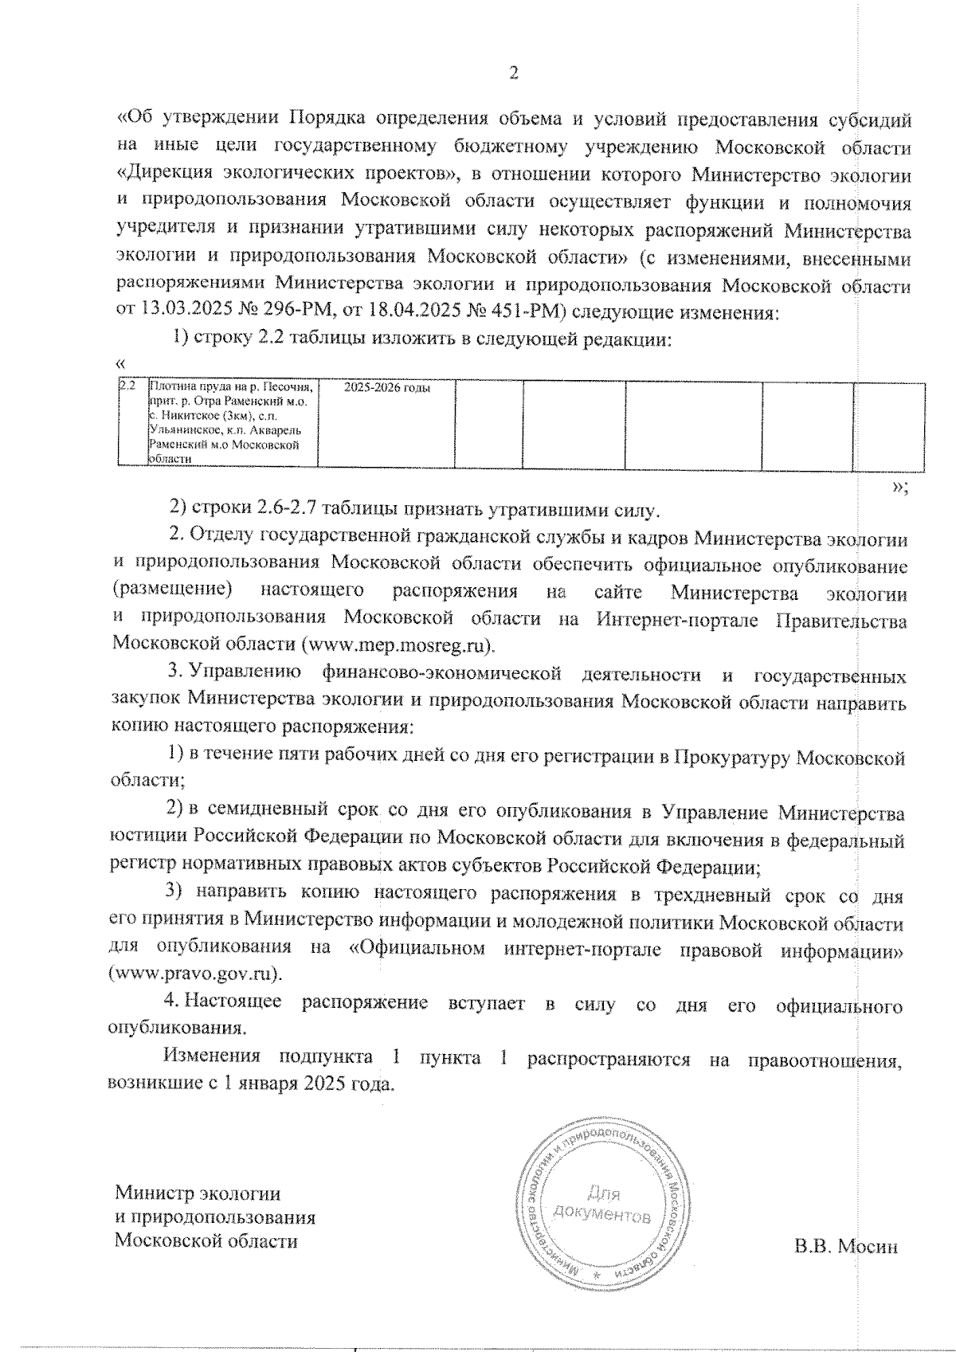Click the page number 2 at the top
pos(514,73)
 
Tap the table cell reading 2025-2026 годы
pos(386,389)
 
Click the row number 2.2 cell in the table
pos(127,386)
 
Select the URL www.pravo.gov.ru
pos(197,974)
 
